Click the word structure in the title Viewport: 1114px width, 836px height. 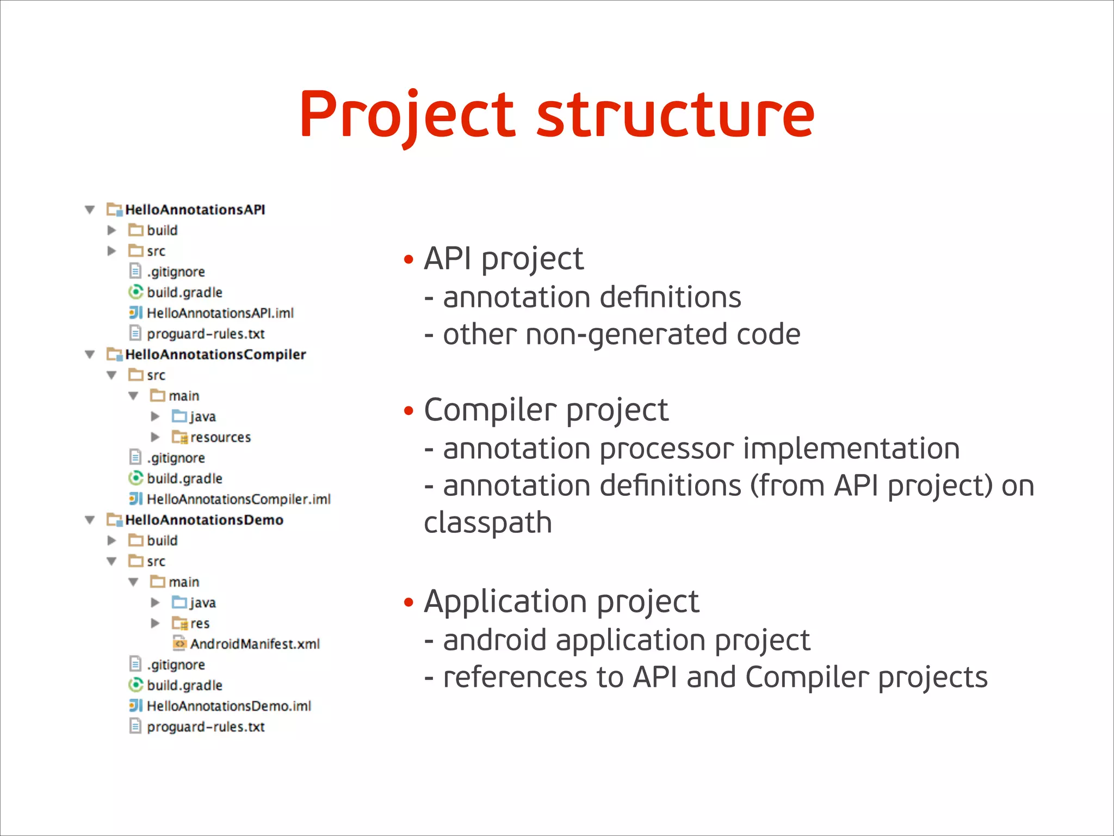coord(676,115)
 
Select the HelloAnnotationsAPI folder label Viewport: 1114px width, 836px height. coord(195,210)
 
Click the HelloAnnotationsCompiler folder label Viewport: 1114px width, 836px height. coord(215,354)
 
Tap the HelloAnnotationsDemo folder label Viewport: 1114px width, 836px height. coord(204,520)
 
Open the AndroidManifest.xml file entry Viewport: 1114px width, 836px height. coord(255,644)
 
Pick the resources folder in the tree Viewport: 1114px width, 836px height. coord(220,437)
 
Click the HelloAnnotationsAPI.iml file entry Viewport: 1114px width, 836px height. coord(220,313)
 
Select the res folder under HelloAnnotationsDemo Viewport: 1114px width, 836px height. coord(200,623)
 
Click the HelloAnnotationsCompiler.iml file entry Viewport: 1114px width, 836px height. coord(238,499)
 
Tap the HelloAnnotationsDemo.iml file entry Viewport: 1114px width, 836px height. coord(228,706)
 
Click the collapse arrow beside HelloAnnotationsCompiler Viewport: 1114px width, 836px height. coord(90,355)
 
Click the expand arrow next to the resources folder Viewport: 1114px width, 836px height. coord(155,437)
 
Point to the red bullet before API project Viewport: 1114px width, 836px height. coord(409,260)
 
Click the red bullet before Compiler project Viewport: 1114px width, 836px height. coord(409,411)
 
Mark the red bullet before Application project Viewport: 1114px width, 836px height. coord(409,603)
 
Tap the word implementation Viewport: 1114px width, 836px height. coord(851,449)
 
